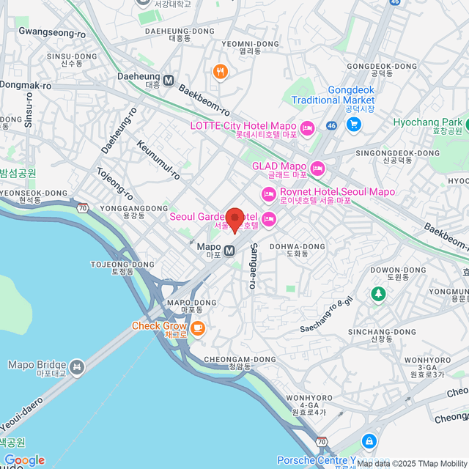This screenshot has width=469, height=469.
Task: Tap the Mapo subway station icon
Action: coord(230,250)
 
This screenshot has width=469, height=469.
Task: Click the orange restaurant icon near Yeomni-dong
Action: coord(220,72)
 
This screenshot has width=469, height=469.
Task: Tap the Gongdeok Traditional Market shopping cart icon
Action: coord(354,124)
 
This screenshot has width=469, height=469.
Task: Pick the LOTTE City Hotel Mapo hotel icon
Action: coord(308,129)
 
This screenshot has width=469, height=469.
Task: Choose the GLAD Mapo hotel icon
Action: coord(317,169)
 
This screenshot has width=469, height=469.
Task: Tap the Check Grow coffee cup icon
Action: coord(198,328)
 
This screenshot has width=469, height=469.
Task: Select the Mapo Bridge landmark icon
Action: coord(78,365)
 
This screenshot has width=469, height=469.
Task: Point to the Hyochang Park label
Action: coord(427,122)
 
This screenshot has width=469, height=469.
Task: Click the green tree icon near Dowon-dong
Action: coord(378,294)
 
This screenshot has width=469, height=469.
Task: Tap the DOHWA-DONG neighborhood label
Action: coord(297,247)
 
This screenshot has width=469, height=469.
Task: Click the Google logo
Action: coord(24,459)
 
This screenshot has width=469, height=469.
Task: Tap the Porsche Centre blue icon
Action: coord(369,442)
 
